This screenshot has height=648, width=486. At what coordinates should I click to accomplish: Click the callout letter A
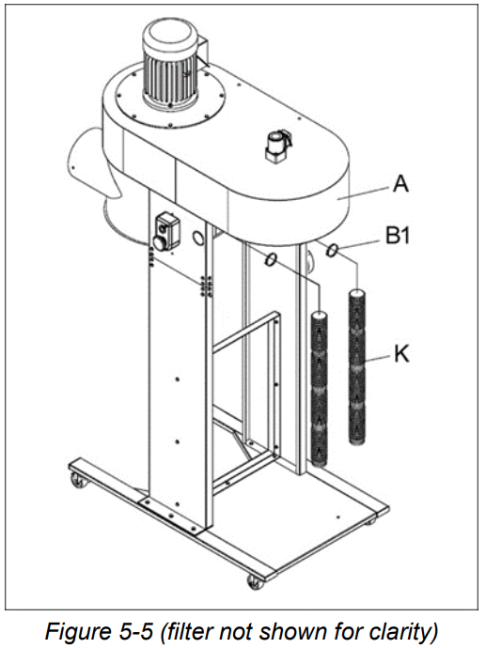click(401, 185)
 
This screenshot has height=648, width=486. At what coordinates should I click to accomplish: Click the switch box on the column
click(166, 230)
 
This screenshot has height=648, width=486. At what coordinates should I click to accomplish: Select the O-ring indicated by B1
click(333, 250)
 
